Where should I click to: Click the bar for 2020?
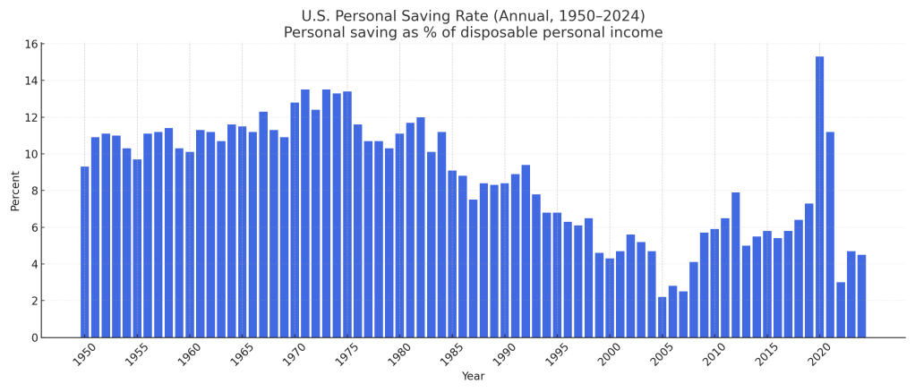pyautogui.click(x=819, y=197)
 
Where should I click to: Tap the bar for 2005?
pyautogui.click(x=662, y=317)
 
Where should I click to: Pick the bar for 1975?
pyautogui.click(x=347, y=215)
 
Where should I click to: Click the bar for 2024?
pyautogui.click(x=861, y=296)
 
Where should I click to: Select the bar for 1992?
pyautogui.click(x=526, y=251)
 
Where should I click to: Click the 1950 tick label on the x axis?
pyautogui.click(x=84, y=354)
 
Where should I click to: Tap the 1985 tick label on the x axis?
pyautogui.click(x=451, y=354)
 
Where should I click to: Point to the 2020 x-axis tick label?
pyautogui.click(x=818, y=354)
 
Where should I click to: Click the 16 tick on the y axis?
pyautogui.click(x=31, y=44)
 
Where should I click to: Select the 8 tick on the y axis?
pyautogui.click(x=34, y=191)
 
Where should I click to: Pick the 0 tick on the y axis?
pyautogui.click(x=34, y=337)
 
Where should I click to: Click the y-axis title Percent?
pyautogui.click(x=15, y=191)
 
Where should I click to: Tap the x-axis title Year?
pyautogui.click(x=473, y=377)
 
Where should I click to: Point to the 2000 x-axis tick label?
pyautogui.click(x=609, y=354)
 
